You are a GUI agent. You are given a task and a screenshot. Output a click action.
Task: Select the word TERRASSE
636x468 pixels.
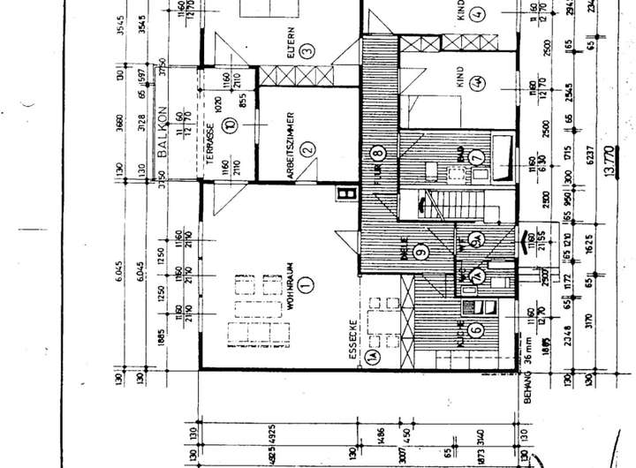[x=210, y=142]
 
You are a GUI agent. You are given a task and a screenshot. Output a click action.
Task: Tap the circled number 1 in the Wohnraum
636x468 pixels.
[x=306, y=285]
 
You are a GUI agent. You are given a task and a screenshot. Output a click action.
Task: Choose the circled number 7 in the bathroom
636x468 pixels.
[x=478, y=156]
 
